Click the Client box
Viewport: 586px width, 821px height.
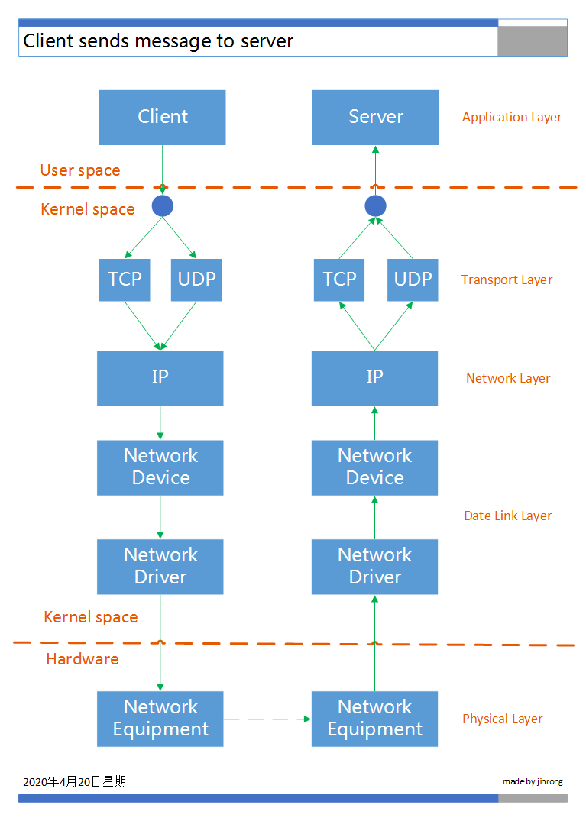tap(162, 117)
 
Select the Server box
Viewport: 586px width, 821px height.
tap(375, 117)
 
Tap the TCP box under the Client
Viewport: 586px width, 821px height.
tap(125, 280)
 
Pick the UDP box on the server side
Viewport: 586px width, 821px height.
tap(413, 280)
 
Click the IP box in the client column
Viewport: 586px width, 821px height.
tap(160, 377)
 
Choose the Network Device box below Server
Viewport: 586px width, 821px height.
tap(374, 467)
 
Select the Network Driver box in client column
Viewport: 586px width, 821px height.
tap(160, 566)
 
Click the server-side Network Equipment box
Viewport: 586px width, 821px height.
tap(374, 718)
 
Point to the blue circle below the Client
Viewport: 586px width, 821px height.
tap(162, 205)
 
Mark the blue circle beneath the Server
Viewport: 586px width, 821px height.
tap(375, 205)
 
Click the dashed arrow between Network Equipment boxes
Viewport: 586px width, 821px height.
tap(267, 719)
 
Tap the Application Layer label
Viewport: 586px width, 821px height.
tap(511, 118)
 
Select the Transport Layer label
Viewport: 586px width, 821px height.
tap(507, 280)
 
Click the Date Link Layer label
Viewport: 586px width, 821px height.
tap(507, 516)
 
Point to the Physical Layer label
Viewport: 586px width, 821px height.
tap(502, 719)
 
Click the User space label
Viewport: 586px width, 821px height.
tap(80, 170)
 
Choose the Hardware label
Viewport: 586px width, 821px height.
tap(83, 659)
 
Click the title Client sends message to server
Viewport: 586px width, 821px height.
tap(158, 41)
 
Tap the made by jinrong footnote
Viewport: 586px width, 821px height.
tap(533, 781)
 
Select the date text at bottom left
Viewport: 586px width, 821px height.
tap(80, 781)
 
